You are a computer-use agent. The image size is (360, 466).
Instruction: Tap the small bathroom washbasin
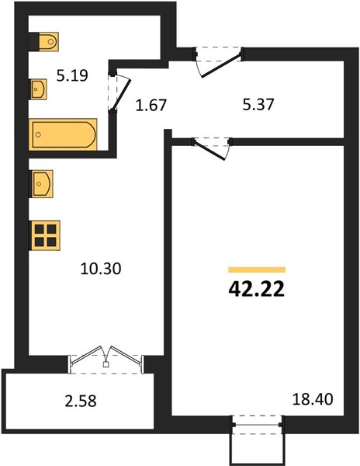coord(38,89)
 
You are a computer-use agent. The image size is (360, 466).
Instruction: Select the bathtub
coord(63,134)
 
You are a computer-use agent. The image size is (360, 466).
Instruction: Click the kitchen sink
coord(41,183)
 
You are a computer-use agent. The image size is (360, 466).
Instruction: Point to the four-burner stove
coord(45,235)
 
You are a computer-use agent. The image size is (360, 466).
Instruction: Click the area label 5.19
coord(72,75)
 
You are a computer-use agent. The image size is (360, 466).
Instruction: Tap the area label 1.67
coord(151,105)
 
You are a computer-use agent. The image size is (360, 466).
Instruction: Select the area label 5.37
coord(258,104)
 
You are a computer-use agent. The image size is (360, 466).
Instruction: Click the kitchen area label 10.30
coord(101,269)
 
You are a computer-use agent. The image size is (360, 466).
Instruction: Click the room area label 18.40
coord(313,399)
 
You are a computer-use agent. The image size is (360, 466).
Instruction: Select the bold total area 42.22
coord(256,289)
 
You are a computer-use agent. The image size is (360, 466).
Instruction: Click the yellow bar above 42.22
coord(257,270)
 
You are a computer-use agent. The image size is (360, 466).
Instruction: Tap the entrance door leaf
coord(221,65)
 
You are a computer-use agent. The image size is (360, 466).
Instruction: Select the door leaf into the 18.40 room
coord(209,151)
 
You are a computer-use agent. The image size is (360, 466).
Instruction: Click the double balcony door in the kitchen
coord(106,359)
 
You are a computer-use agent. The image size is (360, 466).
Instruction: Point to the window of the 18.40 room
coord(258,425)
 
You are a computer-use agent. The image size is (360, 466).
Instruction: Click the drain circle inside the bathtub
coord(38,134)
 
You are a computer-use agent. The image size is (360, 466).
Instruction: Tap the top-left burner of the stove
coord(40,229)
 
